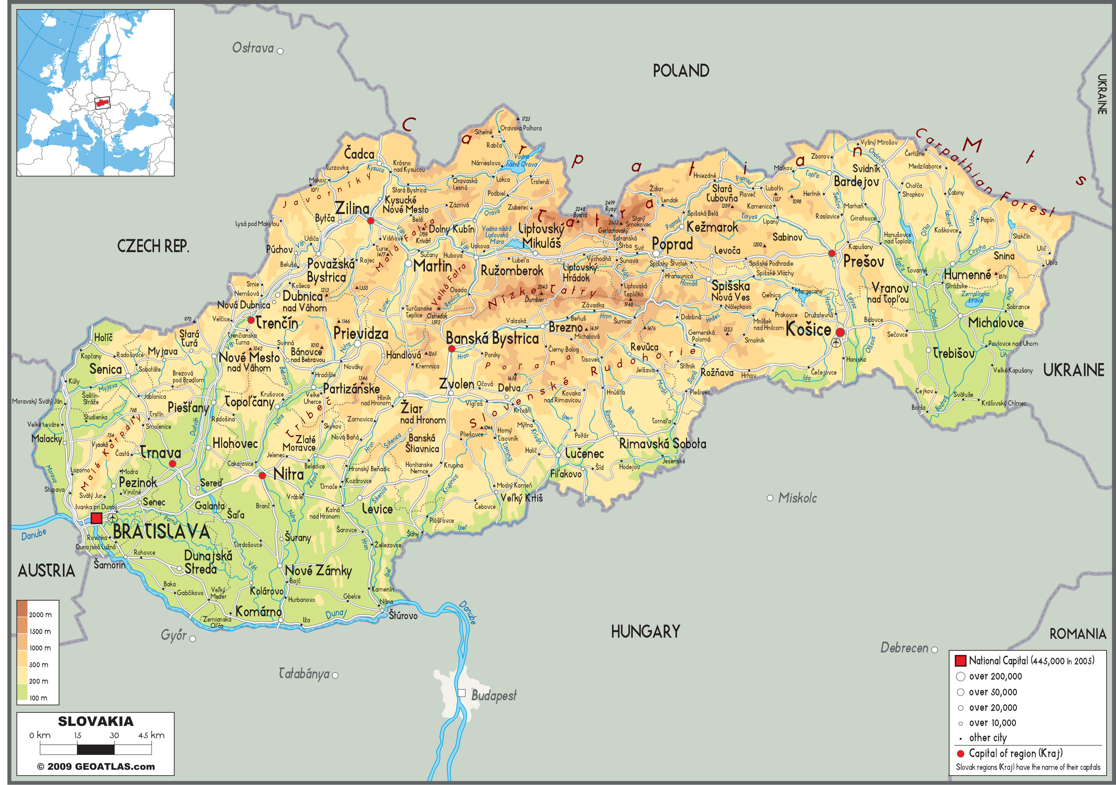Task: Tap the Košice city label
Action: click(x=808, y=330)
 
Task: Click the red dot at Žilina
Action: click(x=370, y=221)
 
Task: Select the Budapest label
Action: click(x=494, y=696)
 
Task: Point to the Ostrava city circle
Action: click(x=280, y=51)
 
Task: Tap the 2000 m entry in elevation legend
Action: click(x=40, y=615)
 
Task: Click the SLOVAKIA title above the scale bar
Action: click(x=96, y=721)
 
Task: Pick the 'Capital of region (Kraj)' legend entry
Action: click(x=1015, y=753)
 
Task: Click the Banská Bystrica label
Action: click(x=492, y=338)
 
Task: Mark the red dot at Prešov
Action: click(x=832, y=253)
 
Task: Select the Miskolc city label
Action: click(x=797, y=498)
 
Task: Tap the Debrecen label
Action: click(x=904, y=648)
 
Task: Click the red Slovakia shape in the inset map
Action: click(x=102, y=103)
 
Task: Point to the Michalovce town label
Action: click(x=996, y=323)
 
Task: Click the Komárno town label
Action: click(x=258, y=612)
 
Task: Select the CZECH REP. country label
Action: click(x=153, y=246)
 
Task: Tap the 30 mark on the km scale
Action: click(x=114, y=735)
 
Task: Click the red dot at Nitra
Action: click(x=262, y=475)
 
